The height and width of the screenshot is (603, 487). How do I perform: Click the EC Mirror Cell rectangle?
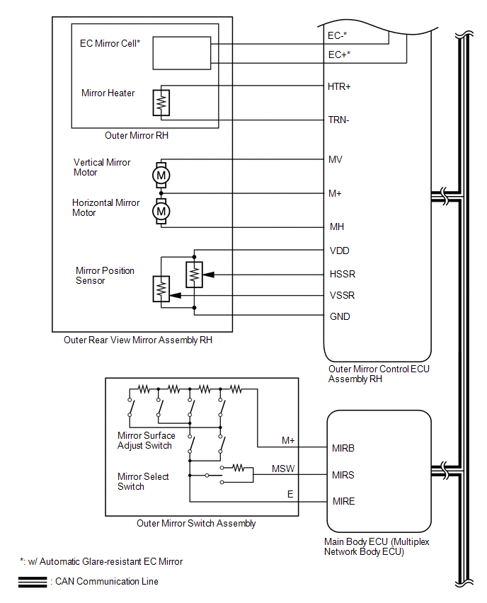(182, 53)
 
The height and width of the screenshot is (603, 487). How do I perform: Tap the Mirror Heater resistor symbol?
(161, 103)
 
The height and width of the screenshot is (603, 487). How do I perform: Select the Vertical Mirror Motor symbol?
(161, 176)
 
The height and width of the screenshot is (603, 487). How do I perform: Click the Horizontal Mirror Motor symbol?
(161, 211)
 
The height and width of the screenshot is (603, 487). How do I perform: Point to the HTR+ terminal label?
(339, 87)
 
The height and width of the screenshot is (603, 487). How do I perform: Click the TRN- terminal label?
(338, 120)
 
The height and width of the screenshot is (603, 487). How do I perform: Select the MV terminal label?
(335, 159)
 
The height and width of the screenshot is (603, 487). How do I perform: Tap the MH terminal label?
(337, 227)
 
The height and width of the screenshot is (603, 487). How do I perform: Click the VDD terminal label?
(339, 251)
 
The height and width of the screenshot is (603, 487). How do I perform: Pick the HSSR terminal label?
(343, 274)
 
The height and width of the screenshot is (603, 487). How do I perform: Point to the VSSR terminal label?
(342, 295)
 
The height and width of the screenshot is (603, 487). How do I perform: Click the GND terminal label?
(340, 316)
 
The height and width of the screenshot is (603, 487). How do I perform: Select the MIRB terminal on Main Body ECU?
(343, 449)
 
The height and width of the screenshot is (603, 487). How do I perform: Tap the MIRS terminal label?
(343, 476)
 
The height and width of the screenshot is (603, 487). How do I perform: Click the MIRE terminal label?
(343, 502)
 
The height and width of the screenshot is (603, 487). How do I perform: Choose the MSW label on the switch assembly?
(283, 469)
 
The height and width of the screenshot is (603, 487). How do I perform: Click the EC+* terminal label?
(339, 55)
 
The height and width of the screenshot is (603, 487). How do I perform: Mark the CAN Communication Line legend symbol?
(33, 582)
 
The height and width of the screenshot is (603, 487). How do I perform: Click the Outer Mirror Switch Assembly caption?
(196, 524)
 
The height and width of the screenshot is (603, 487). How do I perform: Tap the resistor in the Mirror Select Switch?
(239, 468)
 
